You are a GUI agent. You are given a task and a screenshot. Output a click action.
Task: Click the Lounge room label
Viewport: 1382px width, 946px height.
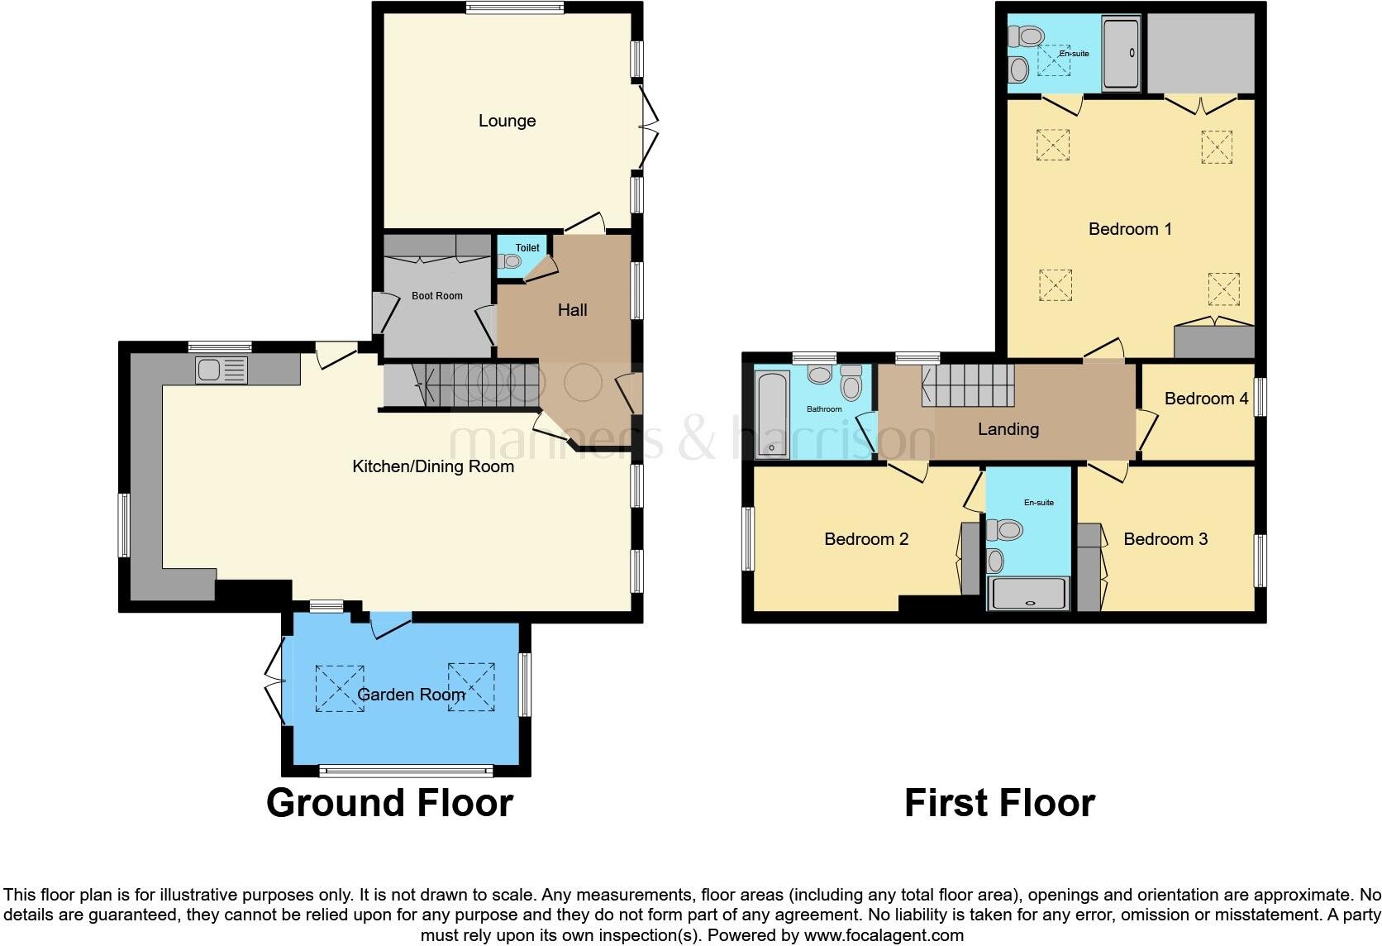[507, 121]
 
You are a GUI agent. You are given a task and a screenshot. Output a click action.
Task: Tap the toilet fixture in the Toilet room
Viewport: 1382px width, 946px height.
[511, 261]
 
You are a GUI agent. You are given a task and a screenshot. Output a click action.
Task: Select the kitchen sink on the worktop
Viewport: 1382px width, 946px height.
[222, 370]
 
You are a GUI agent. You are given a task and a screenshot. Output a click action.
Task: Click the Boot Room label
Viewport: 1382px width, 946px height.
[437, 295]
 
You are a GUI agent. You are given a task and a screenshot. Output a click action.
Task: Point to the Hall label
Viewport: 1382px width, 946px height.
[572, 310]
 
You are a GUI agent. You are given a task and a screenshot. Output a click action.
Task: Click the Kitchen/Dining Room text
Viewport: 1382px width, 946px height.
[433, 466]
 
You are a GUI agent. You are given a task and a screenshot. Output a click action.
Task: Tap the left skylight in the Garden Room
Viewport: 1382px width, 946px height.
[340, 687]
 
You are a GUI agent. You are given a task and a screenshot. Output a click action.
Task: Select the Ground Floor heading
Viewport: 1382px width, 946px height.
[389, 803]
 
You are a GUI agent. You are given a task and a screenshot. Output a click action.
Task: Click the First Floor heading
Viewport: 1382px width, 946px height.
[999, 803]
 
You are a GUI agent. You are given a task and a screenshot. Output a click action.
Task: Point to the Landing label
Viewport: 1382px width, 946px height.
[1008, 429]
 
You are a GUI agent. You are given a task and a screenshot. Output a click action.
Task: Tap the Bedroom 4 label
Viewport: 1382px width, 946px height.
[1205, 399]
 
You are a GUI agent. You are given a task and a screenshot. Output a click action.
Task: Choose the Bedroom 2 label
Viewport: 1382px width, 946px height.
[866, 539]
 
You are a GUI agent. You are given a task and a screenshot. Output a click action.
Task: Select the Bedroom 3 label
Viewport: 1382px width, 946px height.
[1165, 539]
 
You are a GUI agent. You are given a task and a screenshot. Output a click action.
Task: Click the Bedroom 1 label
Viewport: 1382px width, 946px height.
[1130, 229]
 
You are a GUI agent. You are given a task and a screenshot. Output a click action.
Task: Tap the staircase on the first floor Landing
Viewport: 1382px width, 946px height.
[968, 385]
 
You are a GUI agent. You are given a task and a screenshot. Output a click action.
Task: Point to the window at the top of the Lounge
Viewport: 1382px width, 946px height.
[514, 9]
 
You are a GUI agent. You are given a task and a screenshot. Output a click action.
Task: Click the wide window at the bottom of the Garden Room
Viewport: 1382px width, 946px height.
[406, 771]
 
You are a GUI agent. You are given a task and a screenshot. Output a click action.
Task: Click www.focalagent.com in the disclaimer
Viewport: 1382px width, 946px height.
[884, 936]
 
